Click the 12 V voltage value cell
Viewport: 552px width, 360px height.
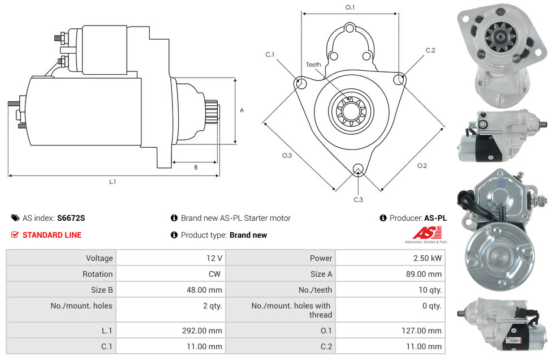(x=214, y=258)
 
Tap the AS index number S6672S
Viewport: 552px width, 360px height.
(x=71, y=218)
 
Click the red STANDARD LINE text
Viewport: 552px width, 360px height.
(x=52, y=235)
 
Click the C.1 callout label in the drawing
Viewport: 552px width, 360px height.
(x=270, y=54)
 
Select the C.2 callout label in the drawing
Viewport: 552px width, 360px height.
(x=430, y=50)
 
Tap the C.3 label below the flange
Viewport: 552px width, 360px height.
(x=358, y=199)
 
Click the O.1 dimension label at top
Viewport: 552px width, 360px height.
(x=350, y=7)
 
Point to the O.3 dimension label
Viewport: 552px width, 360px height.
(x=287, y=156)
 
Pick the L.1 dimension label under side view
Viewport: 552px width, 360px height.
(x=113, y=182)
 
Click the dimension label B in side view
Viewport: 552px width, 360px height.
(x=196, y=167)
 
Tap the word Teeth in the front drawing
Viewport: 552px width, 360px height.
(x=313, y=65)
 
